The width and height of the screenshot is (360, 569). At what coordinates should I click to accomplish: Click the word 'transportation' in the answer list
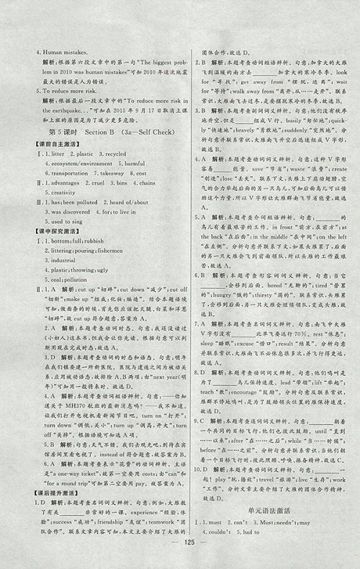pos(53,174)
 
